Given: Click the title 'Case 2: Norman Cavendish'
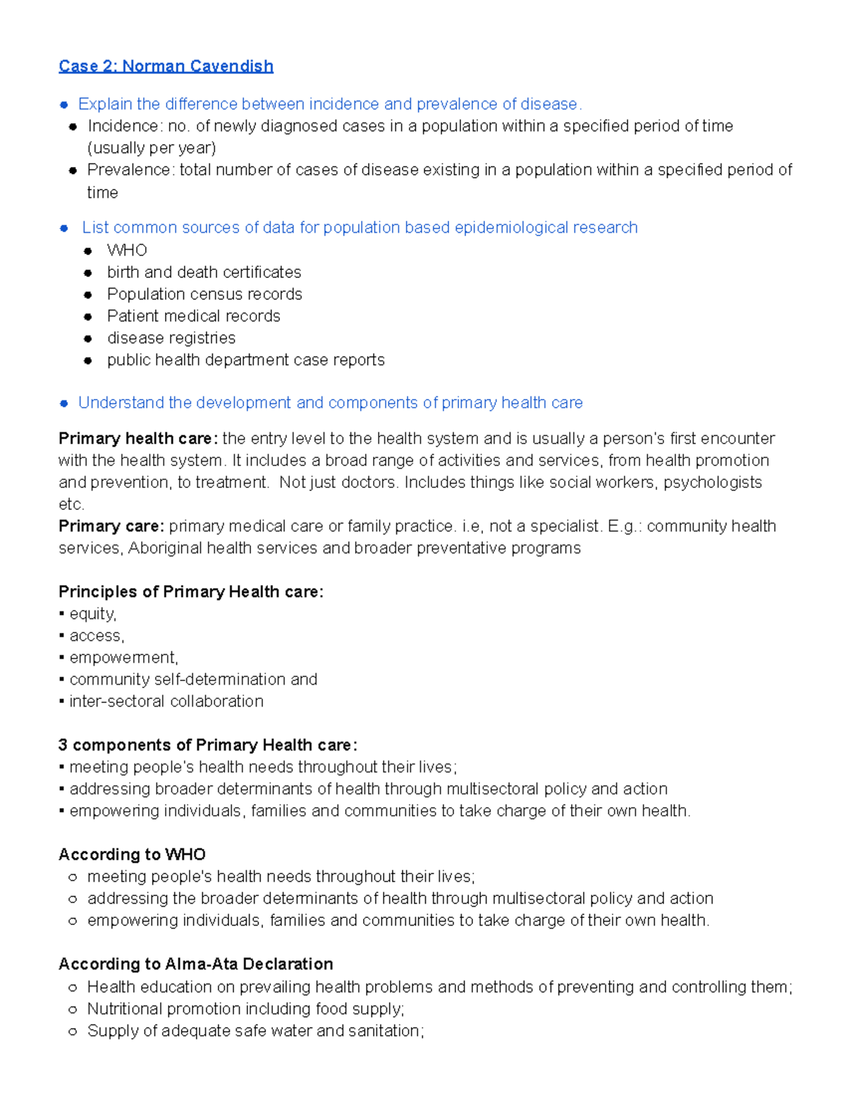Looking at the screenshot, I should point(166,66).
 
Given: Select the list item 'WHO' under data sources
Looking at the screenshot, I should point(127,250).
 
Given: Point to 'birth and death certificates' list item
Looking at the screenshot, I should point(204,272).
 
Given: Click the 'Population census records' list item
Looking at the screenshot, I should point(204,294).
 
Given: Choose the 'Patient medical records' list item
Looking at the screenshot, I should point(193,316).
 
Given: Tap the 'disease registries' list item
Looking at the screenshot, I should point(171,338).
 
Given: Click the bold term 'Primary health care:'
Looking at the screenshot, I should point(138,439).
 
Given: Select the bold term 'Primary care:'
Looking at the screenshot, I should point(111,526).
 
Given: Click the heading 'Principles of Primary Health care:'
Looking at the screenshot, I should point(191,592).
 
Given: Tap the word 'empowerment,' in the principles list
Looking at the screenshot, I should point(124,657).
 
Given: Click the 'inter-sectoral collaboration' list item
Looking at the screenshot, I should point(166,701).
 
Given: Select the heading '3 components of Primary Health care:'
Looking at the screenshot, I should point(208,745).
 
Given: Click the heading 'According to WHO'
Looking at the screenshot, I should point(132,855).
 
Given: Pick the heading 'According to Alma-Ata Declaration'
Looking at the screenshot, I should point(196,964).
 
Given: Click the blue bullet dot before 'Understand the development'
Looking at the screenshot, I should point(64,403).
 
